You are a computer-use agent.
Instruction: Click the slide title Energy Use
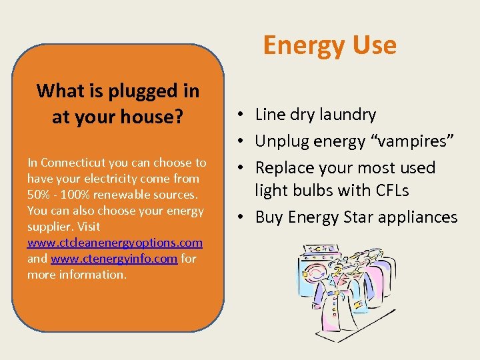coord(329,45)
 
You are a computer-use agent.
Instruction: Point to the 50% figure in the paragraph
coord(39,195)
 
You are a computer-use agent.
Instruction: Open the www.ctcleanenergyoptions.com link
coord(115,243)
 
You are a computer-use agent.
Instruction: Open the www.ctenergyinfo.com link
coord(113,259)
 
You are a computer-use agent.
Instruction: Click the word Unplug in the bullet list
coord(281,141)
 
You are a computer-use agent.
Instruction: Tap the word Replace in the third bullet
coord(283,167)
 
